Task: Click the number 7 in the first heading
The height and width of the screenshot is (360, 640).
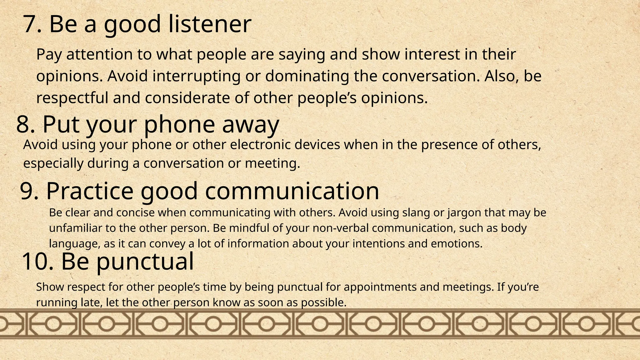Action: click(x=32, y=24)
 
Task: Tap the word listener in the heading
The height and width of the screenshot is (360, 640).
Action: click(x=209, y=24)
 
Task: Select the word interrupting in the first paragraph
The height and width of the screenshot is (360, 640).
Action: click(x=196, y=76)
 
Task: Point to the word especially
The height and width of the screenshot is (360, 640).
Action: click(x=53, y=164)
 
